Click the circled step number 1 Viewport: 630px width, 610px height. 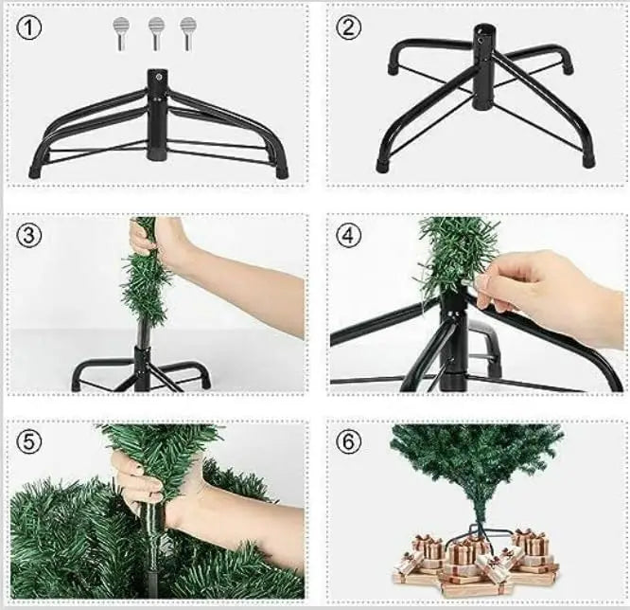(x=30, y=27)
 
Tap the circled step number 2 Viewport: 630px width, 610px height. (x=349, y=27)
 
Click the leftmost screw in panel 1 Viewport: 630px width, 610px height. (x=121, y=32)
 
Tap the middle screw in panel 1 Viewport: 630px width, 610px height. (x=155, y=32)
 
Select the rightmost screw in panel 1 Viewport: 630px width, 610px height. (x=187, y=32)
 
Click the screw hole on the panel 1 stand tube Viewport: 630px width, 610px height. (x=157, y=78)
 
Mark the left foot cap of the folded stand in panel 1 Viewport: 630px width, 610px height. (x=35, y=173)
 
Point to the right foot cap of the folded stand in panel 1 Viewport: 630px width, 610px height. (x=281, y=173)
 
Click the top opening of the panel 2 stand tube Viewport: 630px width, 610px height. (x=484, y=34)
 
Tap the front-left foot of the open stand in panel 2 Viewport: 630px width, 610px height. (x=382, y=165)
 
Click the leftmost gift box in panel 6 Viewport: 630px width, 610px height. (x=409, y=561)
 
